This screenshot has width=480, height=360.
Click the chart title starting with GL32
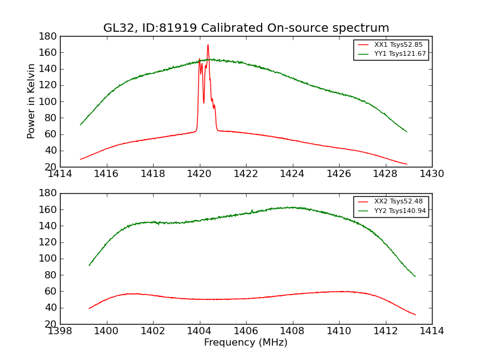[246, 28]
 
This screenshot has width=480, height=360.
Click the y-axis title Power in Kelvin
[31, 101]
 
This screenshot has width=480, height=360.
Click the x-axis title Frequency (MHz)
[246, 343]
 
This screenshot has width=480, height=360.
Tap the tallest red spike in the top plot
[208, 45]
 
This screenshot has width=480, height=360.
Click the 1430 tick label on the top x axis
[432, 174]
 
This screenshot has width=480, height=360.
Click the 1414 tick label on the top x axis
[60, 174]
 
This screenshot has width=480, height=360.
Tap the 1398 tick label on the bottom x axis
[60, 331]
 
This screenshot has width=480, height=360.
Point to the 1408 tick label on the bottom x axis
[292, 331]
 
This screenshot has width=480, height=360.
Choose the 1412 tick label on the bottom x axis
[385, 331]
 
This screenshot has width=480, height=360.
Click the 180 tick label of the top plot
[48, 37]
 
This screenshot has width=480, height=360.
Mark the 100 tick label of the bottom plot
[48, 259]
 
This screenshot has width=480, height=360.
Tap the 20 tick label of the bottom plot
[50, 324]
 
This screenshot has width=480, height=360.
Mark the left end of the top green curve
[80, 125]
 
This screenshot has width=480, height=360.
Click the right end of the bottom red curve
[416, 314]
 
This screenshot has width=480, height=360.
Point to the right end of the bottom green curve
[416, 277]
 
